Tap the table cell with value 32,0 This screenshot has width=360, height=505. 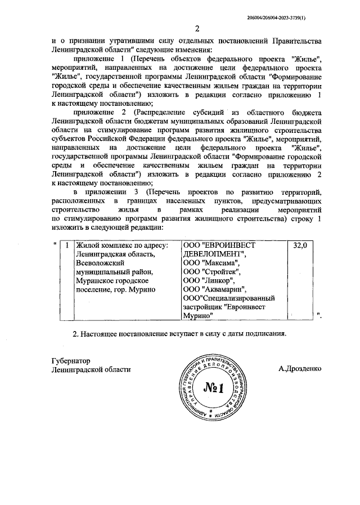click(x=301, y=246)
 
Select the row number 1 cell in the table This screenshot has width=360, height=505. click(x=67, y=246)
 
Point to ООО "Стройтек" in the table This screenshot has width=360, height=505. click(x=213, y=271)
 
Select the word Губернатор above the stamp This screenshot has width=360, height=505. click(x=70, y=360)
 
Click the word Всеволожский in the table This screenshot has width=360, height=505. click(x=100, y=262)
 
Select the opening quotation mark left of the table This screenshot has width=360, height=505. click(x=54, y=244)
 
